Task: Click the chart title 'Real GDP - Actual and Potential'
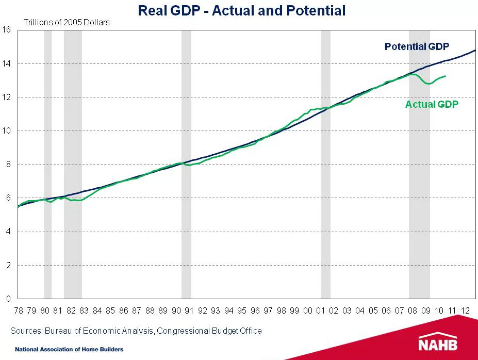pyautogui.click(x=241, y=10)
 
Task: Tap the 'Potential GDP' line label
pyautogui.click(x=417, y=47)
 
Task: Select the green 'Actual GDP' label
pyautogui.click(x=432, y=104)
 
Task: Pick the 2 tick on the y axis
pyautogui.click(x=8, y=266)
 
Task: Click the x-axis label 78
pyautogui.click(x=18, y=310)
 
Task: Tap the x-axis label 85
pyautogui.click(x=110, y=310)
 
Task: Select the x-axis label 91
pyautogui.click(x=189, y=310)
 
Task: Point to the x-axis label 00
pyautogui.click(x=308, y=310)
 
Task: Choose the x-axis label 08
pyautogui.click(x=413, y=310)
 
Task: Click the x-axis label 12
pyautogui.click(x=466, y=310)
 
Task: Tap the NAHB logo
pyautogui.click(x=438, y=343)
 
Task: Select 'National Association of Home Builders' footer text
pyautogui.click(x=69, y=350)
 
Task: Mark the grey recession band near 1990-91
pyautogui.click(x=186, y=155)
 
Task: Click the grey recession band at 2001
pyautogui.click(x=325, y=155)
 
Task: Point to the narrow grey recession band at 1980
pyautogui.click(x=48, y=155)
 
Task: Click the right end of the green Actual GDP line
pyautogui.click(x=446, y=76)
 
